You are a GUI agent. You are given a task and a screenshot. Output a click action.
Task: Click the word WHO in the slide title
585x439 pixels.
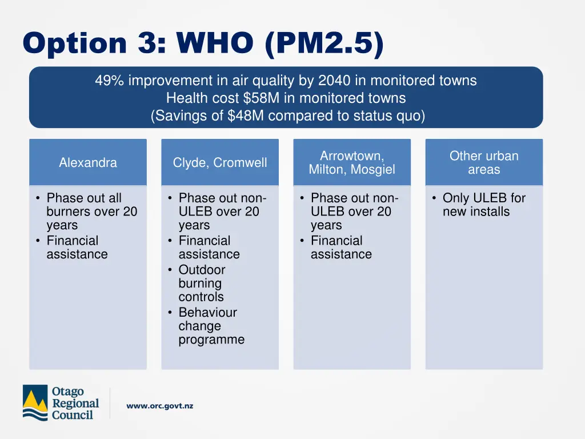(x=215, y=43)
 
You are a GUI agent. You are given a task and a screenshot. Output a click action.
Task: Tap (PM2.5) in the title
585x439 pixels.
(x=324, y=43)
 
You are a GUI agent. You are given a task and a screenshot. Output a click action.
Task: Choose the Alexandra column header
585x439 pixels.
(x=88, y=163)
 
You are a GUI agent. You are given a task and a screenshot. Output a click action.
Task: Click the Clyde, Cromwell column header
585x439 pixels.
(x=220, y=163)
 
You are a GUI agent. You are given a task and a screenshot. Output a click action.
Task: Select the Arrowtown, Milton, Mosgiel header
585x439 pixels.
(x=352, y=163)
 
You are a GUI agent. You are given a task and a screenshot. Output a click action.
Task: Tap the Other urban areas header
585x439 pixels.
(x=484, y=163)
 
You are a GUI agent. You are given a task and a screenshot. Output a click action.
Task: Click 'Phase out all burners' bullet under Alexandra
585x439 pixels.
(x=91, y=211)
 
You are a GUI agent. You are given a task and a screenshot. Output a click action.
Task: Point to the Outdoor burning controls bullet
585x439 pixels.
(x=202, y=283)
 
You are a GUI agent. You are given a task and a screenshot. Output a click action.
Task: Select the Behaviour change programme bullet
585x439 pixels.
(x=211, y=326)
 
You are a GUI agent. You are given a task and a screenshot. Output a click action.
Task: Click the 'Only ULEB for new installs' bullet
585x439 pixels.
(x=483, y=205)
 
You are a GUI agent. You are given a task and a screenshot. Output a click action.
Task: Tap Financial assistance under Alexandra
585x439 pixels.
(x=76, y=248)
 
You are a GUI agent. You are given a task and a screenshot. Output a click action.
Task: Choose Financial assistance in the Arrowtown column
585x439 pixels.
(x=340, y=248)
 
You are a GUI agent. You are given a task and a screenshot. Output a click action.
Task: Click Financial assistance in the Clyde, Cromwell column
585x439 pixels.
(x=209, y=248)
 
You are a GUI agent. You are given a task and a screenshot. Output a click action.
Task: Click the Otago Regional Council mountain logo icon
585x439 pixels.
(x=35, y=403)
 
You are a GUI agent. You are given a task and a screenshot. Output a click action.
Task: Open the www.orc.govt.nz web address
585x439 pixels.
(x=159, y=406)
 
